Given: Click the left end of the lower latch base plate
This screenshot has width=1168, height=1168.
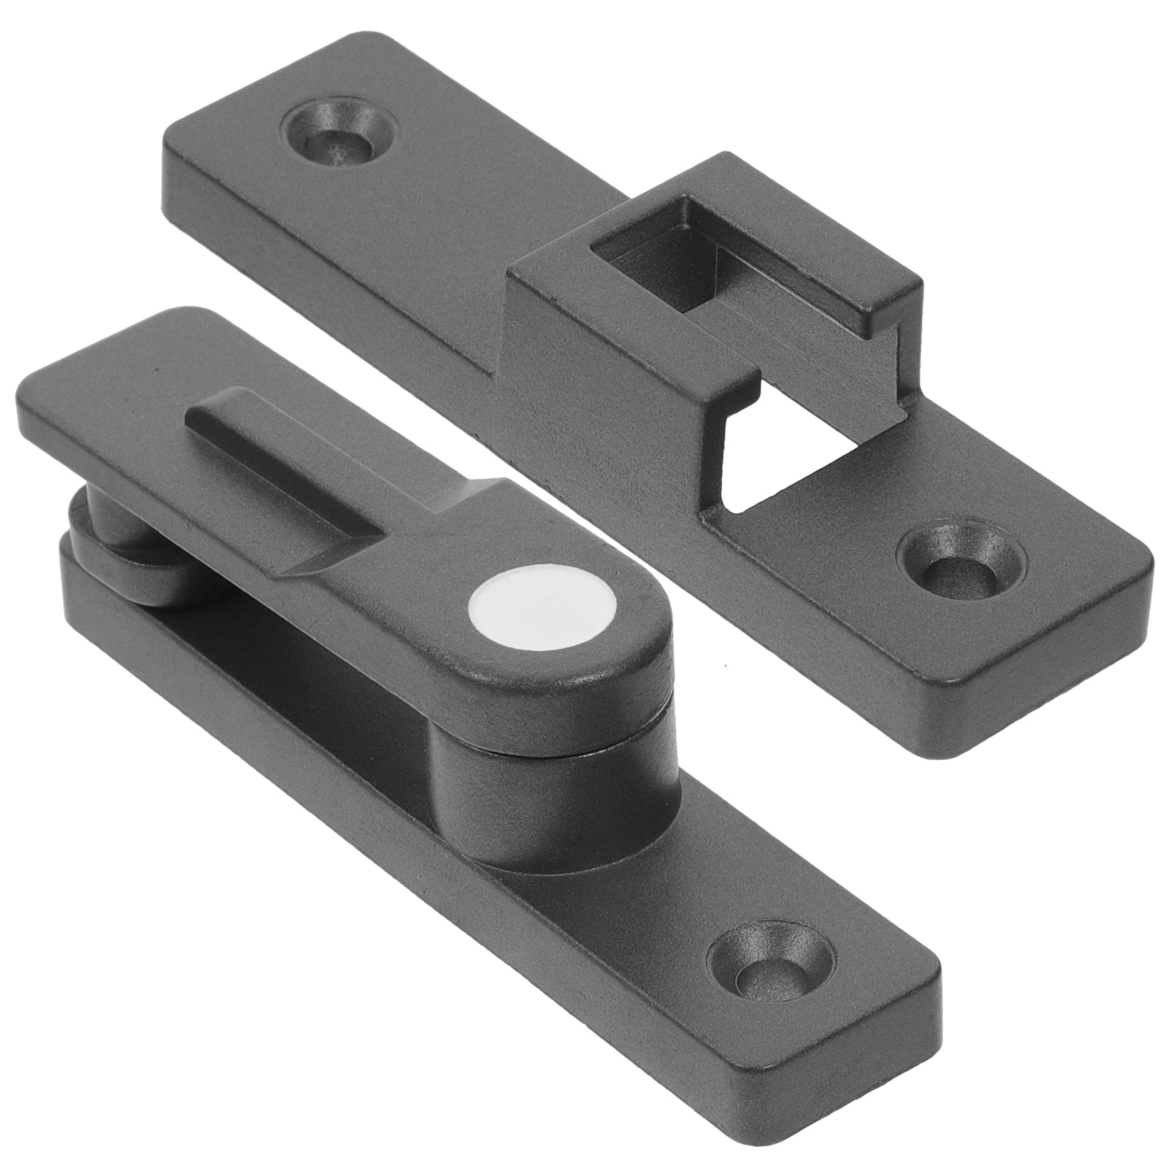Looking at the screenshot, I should click(x=73, y=569).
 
